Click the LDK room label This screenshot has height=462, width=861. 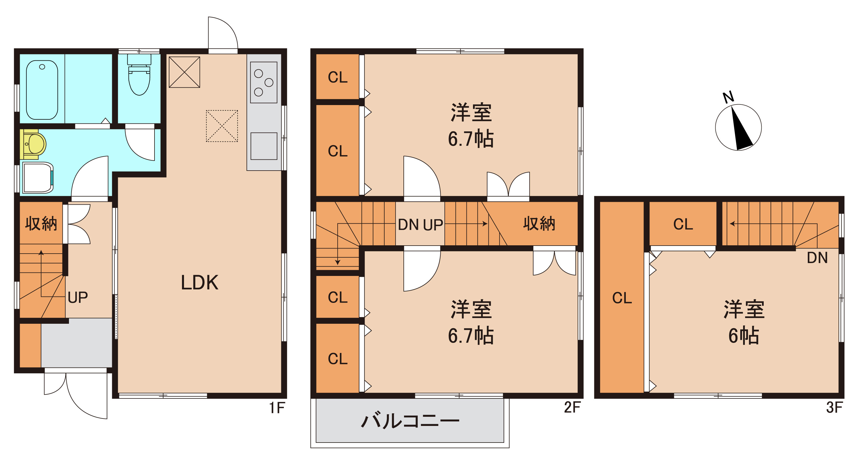[x=199, y=283]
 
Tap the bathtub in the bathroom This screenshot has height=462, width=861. [x=42, y=90]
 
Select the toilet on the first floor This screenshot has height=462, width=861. [x=139, y=75]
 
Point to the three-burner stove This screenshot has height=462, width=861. [x=264, y=82]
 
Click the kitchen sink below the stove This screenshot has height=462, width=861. [x=264, y=146]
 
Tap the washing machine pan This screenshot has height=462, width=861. [x=38, y=177]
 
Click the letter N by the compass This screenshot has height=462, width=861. [x=728, y=97]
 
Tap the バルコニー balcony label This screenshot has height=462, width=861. [x=410, y=421]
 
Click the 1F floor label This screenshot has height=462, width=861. [x=277, y=408]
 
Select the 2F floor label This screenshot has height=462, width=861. [x=572, y=408]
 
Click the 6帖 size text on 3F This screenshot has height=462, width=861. [x=744, y=336]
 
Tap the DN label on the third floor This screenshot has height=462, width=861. [x=817, y=258]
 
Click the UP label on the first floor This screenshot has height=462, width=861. [x=78, y=297]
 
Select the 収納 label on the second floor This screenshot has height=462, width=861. [x=539, y=224]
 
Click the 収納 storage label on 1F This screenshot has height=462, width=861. [x=41, y=224]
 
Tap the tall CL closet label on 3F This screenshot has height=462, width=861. [x=622, y=298]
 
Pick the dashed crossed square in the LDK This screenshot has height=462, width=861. [x=222, y=126]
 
